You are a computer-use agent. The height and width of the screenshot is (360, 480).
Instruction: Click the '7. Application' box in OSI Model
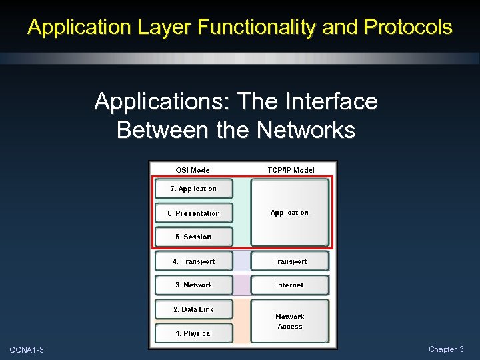[194, 189]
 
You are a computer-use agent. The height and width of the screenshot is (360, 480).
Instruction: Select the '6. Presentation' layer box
[194, 213]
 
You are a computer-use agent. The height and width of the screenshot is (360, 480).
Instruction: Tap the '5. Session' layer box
[194, 237]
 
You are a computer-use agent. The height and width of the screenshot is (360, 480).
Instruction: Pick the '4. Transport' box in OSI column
[194, 261]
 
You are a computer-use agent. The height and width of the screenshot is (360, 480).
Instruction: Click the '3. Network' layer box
[194, 285]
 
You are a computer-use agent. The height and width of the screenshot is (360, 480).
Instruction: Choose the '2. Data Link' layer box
[194, 309]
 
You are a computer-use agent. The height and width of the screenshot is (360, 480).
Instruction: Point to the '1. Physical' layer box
[194, 333]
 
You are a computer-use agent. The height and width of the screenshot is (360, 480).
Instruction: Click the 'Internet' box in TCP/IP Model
[290, 285]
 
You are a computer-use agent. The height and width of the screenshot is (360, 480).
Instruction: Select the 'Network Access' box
[290, 321]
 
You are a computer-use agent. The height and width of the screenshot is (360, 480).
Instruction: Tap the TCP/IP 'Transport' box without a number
[290, 261]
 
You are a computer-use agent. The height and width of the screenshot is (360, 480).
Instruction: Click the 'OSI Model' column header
[194, 170]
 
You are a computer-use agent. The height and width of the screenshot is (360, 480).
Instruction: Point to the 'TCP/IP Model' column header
[291, 170]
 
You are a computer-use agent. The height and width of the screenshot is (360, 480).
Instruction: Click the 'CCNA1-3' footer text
[27, 350]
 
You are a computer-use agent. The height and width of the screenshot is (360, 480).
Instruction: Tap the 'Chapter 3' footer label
[446, 349]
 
